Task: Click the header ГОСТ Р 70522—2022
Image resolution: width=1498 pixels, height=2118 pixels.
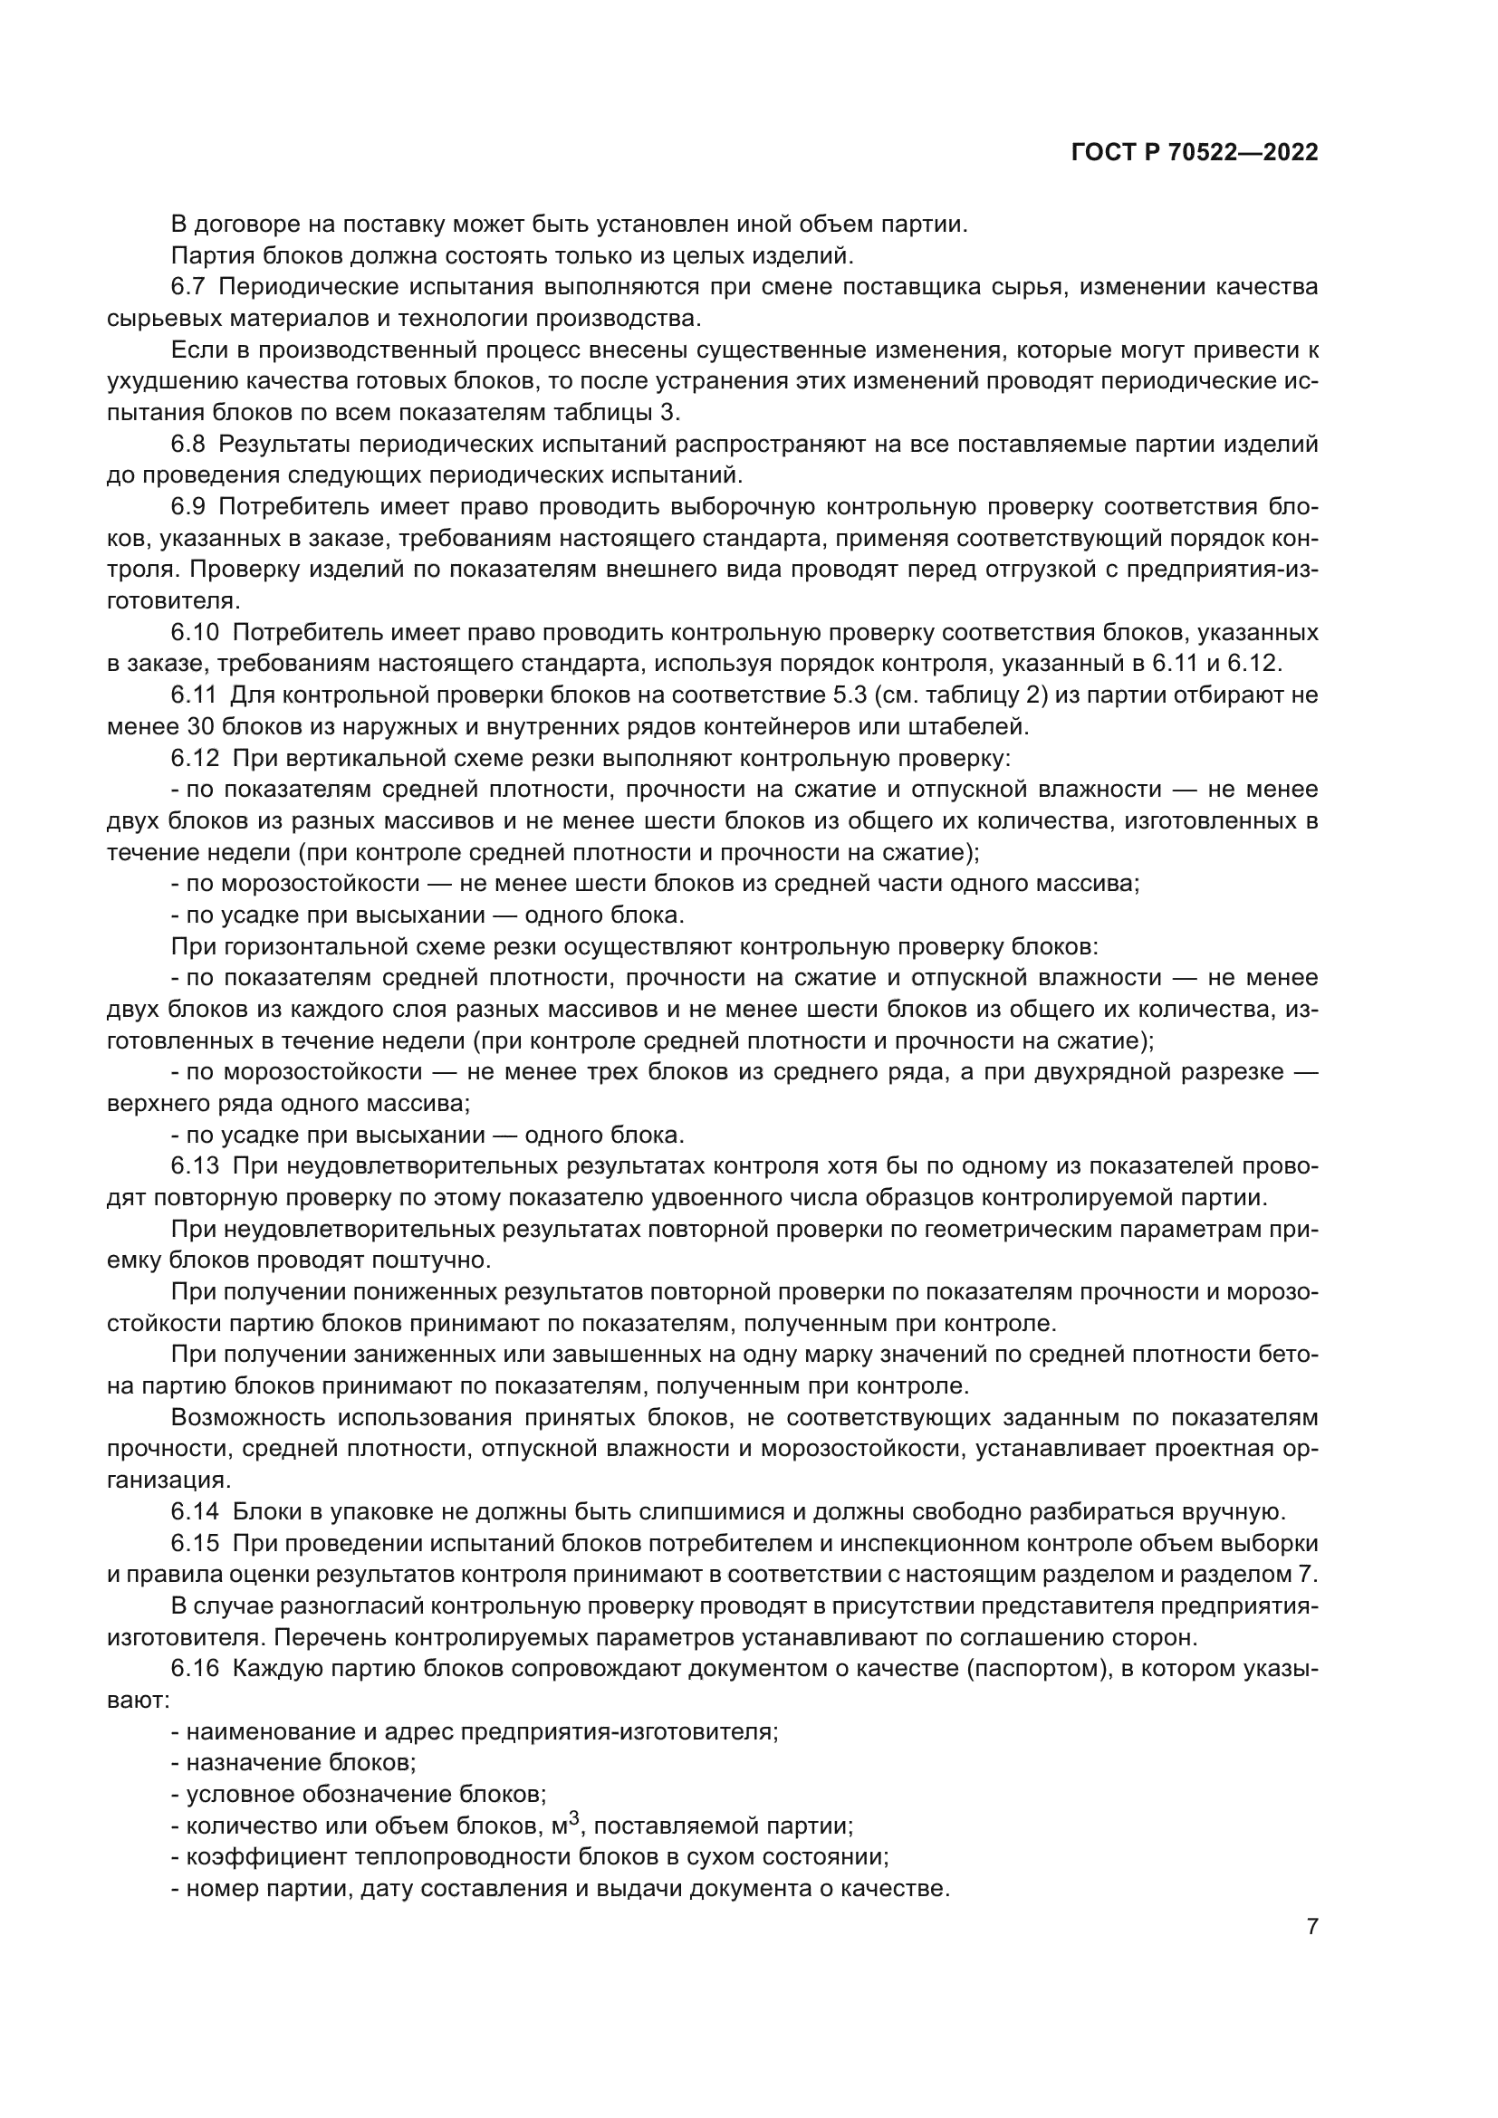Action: [1195, 153]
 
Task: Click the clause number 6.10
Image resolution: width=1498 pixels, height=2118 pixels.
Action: [194, 633]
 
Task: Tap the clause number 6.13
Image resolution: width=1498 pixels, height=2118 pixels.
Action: [194, 1166]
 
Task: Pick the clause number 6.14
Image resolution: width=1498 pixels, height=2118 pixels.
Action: [194, 1512]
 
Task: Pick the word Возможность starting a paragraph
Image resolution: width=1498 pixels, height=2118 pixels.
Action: [245, 1418]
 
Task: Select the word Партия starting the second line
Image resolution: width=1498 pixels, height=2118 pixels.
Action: [208, 255]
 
